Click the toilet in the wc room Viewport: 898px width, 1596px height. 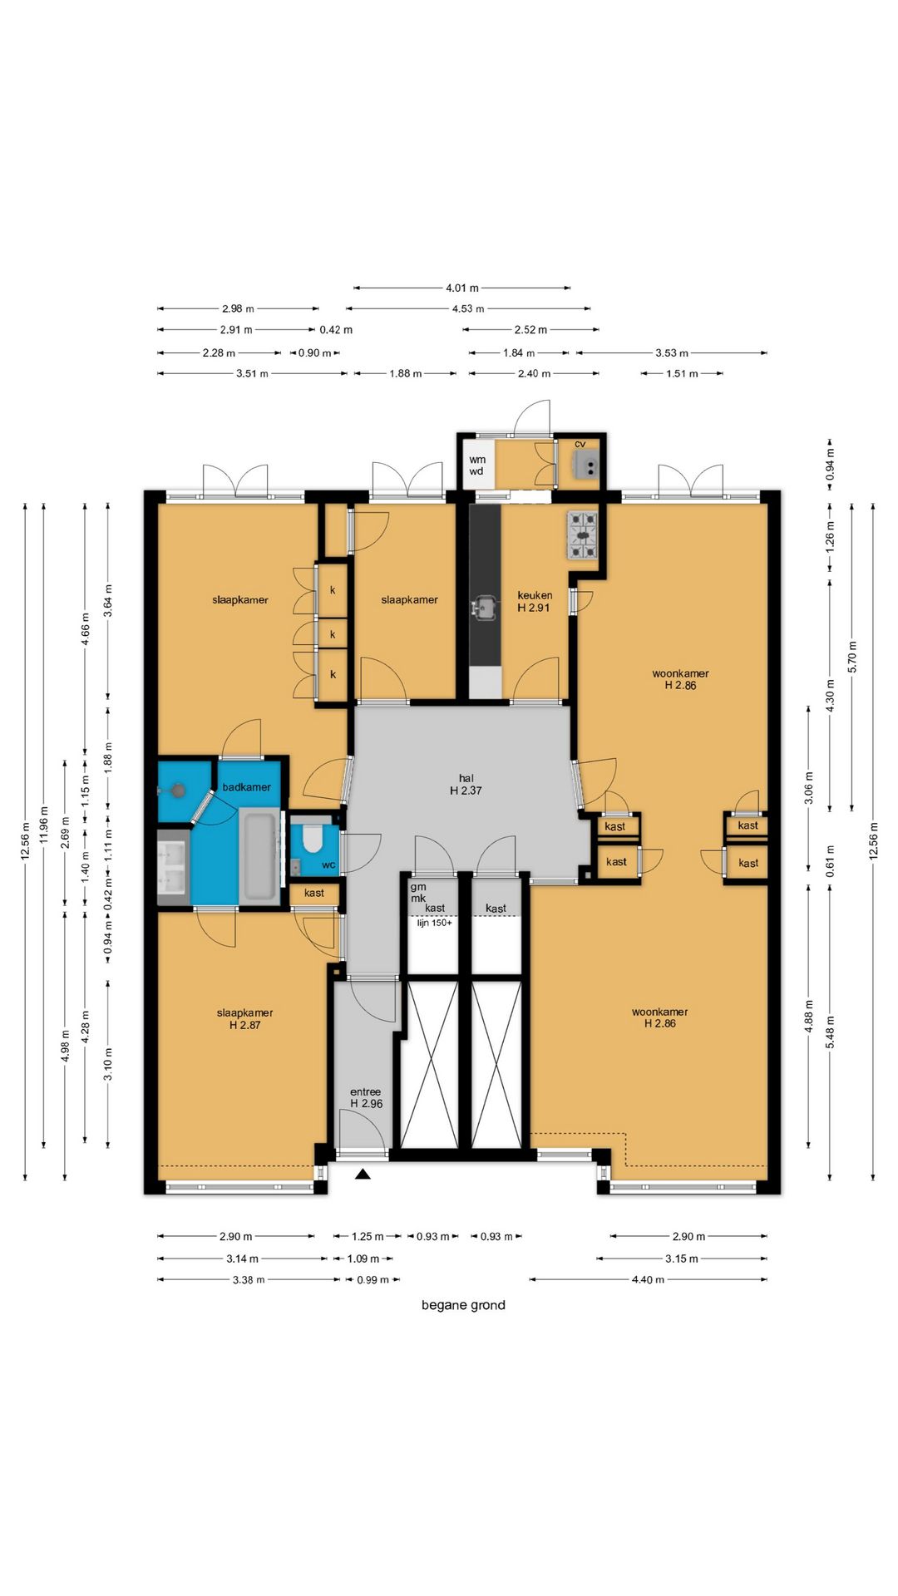point(313,838)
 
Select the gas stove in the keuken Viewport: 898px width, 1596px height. point(582,535)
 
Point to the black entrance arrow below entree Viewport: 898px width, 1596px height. point(363,1174)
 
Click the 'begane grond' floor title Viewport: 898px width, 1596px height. point(463,1305)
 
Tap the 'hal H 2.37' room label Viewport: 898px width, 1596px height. point(466,785)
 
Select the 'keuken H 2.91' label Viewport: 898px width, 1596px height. point(534,601)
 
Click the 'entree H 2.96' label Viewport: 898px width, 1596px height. point(366,1097)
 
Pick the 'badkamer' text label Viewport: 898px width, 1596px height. point(246,786)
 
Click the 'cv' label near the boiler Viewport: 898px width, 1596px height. point(580,444)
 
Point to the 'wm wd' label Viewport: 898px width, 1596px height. point(476,465)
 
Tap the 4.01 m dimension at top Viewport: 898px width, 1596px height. point(462,288)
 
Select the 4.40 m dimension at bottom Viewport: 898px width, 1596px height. point(648,1280)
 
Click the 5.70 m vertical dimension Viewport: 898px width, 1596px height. point(851,657)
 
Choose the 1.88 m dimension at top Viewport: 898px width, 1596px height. point(406,374)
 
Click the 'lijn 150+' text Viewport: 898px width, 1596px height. point(434,923)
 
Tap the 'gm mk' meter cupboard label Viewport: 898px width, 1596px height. point(417,892)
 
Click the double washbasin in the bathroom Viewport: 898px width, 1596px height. point(174,865)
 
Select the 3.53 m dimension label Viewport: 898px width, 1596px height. point(672,353)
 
